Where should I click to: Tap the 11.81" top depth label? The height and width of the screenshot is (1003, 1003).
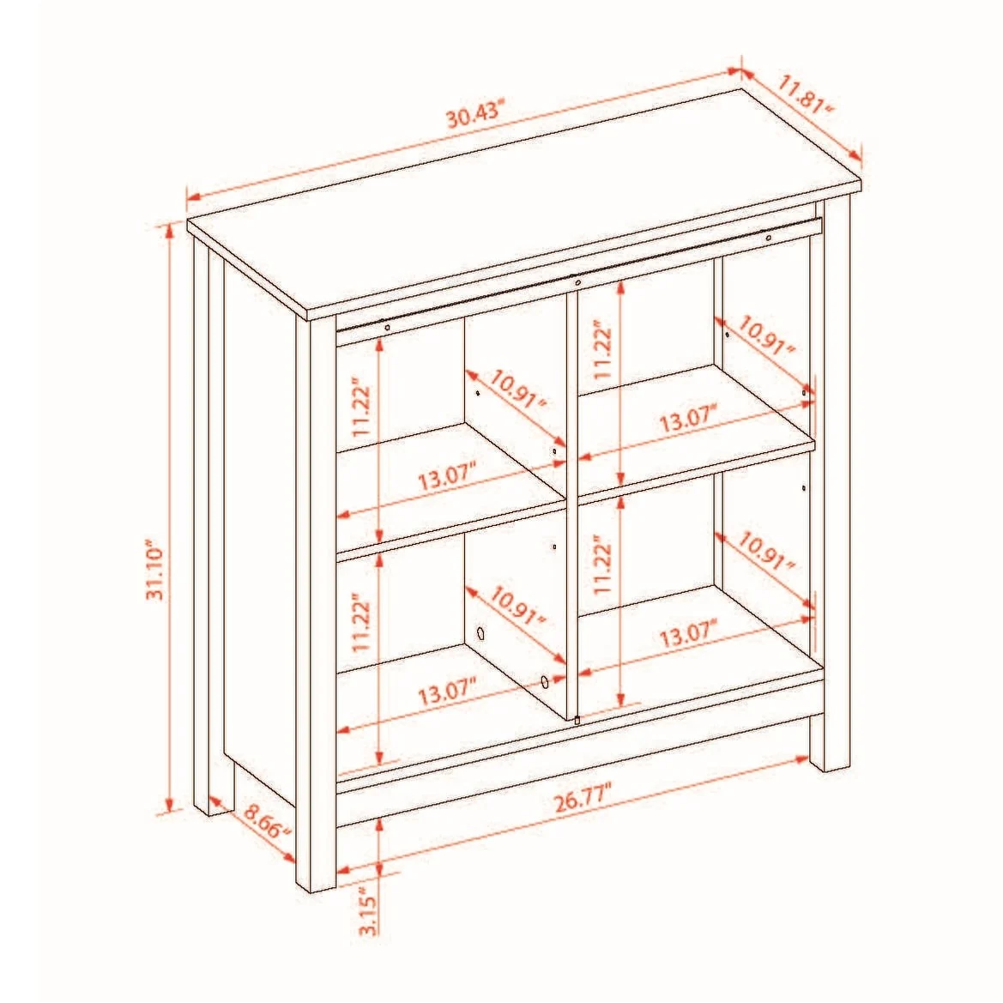click(806, 95)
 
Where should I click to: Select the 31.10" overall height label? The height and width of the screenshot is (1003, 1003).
click(155, 572)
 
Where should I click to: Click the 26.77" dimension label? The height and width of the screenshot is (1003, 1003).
click(583, 796)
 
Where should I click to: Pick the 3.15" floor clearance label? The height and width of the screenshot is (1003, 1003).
click(370, 911)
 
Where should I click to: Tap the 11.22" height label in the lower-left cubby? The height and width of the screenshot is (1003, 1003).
click(362, 624)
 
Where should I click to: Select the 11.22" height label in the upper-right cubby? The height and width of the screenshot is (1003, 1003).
click(602, 350)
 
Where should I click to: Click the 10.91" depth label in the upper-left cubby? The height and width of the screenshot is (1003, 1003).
click(517, 390)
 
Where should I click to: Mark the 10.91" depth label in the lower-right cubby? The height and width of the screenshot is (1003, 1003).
click(765, 551)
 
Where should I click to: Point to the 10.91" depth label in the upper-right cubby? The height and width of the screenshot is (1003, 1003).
click(765, 335)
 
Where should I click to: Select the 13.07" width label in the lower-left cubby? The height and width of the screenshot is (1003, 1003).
click(447, 692)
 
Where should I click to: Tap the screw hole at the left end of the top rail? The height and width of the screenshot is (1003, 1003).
click(388, 328)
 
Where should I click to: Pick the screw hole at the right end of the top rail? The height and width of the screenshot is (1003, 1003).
click(769, 238)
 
